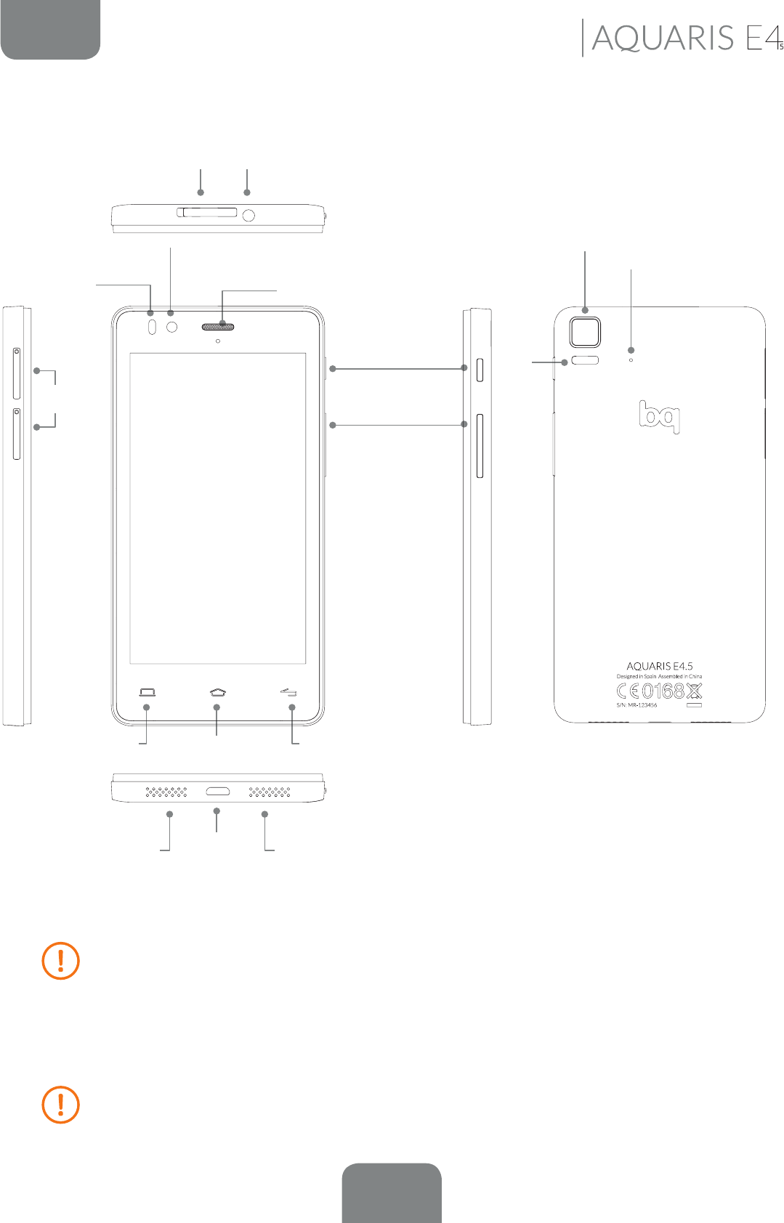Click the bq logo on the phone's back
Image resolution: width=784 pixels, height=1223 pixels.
pos(660,416)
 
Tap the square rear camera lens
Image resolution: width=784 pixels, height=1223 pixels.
pos(585,332)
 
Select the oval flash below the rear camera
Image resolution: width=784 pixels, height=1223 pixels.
pos(585,360)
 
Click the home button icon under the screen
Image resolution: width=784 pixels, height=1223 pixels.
pos(217,692)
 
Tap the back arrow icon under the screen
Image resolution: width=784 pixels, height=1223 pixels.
pos(288,692)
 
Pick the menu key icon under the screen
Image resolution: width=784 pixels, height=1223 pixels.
pos(147,692)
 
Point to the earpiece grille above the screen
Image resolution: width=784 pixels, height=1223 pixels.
pos(218,327)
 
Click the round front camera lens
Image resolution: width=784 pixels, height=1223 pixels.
pos(172,328)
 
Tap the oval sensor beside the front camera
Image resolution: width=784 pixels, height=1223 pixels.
pos(152,328)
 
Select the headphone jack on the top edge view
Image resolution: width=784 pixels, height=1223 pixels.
pos(248,215)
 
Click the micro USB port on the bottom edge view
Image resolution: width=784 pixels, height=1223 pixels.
pos(218,791)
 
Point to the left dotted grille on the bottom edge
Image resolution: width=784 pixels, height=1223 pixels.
pos(166,791)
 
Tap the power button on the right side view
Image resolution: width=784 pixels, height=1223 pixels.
pos(480,370)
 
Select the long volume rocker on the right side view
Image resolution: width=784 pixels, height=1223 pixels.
pos(480,446)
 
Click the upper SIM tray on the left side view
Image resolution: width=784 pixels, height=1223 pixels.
pos(17,373)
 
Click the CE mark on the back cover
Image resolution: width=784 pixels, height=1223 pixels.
pos(629,691)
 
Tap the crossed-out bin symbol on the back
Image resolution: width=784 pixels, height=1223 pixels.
pos(695,691)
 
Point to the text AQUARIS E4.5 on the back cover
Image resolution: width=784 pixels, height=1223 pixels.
pos(660,666)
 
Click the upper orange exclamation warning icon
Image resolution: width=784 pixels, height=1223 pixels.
pos(61,961)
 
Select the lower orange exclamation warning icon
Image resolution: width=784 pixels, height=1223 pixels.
pos(61,1105)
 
